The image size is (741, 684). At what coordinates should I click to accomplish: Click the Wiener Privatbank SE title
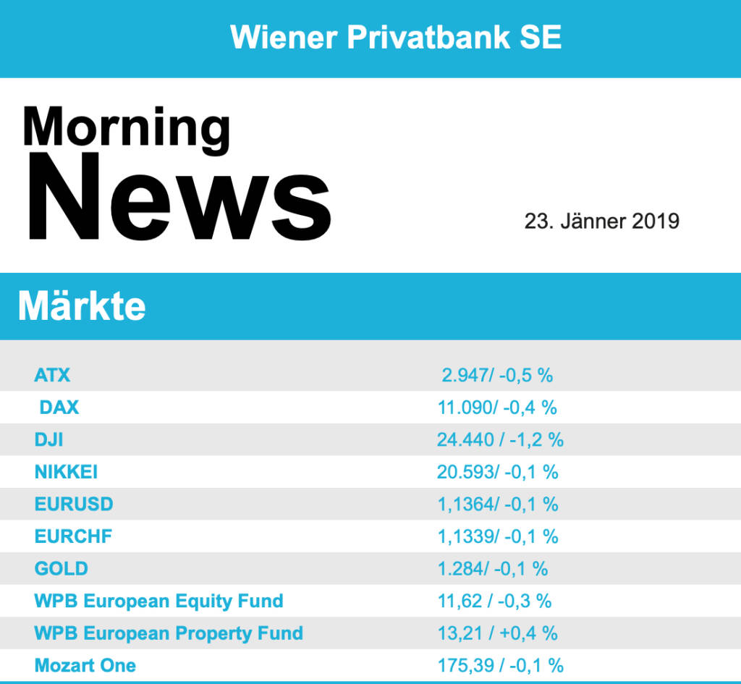[396, 37]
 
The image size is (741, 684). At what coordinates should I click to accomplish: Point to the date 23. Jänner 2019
[602, 221]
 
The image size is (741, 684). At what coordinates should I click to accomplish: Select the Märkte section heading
[82, 306]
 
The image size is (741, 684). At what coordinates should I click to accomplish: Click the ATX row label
[52, 375]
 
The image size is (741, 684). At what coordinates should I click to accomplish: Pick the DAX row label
[59, 408]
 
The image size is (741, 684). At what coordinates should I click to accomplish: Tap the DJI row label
[49, 439]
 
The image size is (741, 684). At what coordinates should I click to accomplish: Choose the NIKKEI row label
[66, 472]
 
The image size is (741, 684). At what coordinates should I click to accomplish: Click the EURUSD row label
[74, 504]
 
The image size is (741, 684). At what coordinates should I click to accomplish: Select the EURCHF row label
[73, 536]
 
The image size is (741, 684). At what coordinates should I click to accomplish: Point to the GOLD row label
[61, 568]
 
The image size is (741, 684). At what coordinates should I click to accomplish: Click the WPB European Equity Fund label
[158, 601]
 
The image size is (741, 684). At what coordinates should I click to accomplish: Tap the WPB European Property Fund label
[169, 633]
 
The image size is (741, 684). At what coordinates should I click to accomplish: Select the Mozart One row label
[85, 665]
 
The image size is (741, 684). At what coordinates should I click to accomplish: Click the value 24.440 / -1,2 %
[500, 439]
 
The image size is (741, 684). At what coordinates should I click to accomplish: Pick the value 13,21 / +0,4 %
[497, 633]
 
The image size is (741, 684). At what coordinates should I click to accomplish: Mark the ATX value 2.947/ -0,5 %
[497, 375]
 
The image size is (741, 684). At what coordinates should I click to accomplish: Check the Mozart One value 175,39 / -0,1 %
[500, 665]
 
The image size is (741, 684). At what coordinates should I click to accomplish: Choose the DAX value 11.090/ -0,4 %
[497, 408]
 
